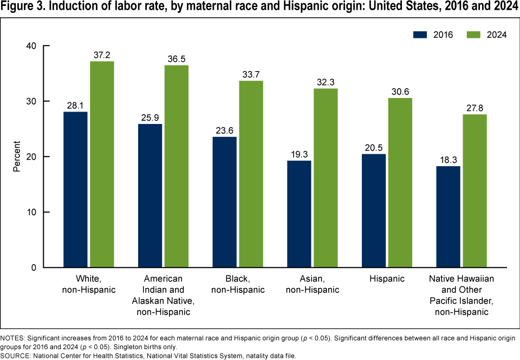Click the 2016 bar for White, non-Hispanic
75,189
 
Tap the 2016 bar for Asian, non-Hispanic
298,214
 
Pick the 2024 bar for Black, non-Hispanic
250,174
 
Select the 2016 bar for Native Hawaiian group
448,217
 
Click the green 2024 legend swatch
474,34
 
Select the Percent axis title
17,157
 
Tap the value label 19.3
298,154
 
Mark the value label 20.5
373,147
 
